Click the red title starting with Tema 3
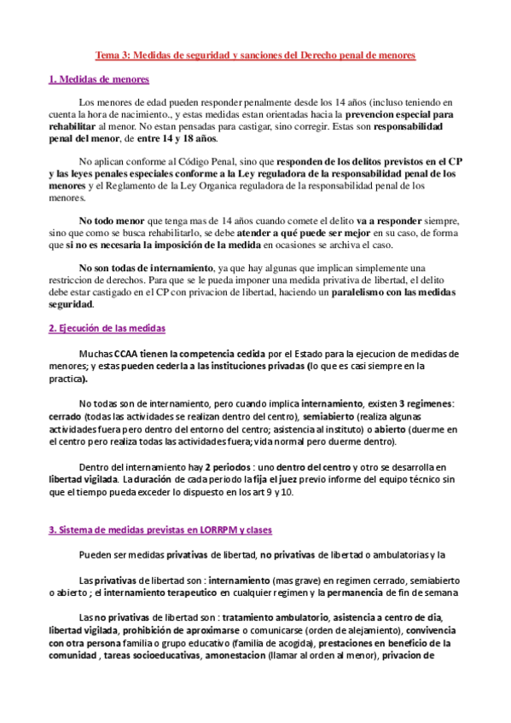254,55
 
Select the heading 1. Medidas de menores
99,79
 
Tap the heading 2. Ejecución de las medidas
107,304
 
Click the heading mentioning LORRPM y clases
160,529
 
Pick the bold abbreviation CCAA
129,329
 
